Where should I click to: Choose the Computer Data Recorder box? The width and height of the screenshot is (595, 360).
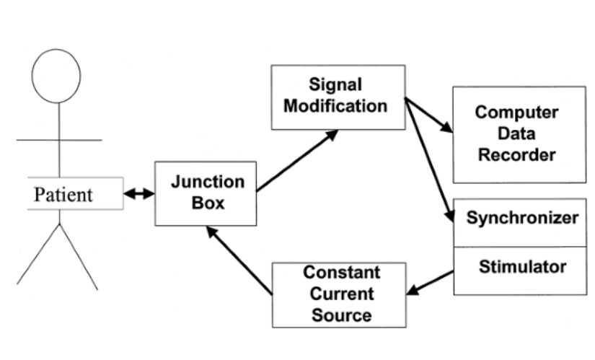click(517, 134)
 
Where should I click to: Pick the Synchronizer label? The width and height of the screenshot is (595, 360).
click(522, 218)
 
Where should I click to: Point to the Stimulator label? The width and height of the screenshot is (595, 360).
click(522, 267)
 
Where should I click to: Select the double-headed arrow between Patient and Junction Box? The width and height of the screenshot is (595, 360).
click(139, 194)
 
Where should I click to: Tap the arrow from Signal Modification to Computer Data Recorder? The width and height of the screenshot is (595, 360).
click(430, 117)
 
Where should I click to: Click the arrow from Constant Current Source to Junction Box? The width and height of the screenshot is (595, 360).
click(238, 260)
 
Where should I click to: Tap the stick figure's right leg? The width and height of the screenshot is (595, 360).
click(79, 256)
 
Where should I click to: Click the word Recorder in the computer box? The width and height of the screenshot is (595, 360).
click(517, 154)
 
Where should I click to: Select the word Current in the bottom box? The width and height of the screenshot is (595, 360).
click(338, 294)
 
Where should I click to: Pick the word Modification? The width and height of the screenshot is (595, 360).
click(335, 106)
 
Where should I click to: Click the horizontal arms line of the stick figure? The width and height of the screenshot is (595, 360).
click(58, 139)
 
